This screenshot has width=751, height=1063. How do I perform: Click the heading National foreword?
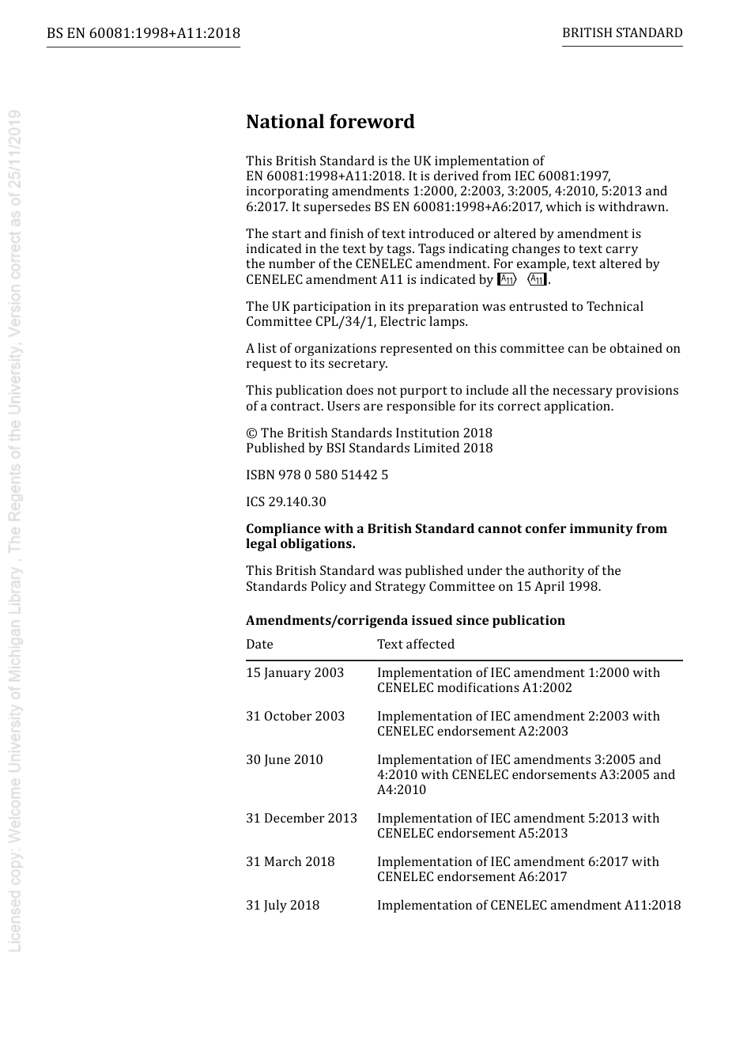330,122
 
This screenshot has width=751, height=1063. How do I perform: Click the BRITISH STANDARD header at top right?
622,33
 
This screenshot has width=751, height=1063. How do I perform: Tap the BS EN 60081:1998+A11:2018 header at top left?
143,33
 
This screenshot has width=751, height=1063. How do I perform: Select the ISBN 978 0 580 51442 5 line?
317,475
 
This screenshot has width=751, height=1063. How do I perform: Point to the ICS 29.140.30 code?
285,501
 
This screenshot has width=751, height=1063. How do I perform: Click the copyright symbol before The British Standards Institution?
251,433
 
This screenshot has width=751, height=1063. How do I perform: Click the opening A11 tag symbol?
507,279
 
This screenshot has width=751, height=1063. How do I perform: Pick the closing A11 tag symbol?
537,279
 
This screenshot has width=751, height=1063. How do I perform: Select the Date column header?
259,644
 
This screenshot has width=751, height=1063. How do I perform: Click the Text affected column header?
416,644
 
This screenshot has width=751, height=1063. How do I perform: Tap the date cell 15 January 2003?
295,672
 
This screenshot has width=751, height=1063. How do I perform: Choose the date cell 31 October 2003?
295,716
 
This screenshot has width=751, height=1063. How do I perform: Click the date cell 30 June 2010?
285,759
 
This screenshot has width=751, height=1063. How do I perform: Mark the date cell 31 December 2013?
301,818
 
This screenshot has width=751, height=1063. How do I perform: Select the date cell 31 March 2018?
290,861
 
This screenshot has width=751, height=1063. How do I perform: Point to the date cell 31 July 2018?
282,905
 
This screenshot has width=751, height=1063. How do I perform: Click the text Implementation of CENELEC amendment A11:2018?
529,905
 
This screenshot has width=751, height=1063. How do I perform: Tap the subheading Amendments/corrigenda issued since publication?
406,620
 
